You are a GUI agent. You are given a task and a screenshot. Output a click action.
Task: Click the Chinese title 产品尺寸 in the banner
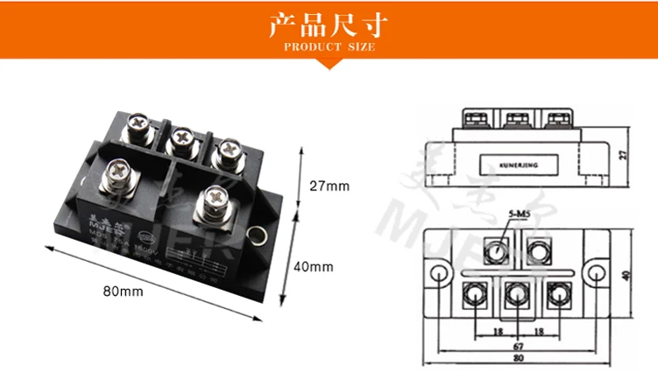point(329,25)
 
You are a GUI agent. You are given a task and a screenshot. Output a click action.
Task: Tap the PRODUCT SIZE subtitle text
point(329,46)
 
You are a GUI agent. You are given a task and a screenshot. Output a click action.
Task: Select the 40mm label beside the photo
point(314,266)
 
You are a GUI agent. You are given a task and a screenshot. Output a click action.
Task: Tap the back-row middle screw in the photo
point(182,137)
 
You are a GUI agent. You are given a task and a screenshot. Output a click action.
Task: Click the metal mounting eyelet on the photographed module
point(258,236)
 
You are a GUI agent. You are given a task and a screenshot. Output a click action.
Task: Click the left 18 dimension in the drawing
point(497,332)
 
